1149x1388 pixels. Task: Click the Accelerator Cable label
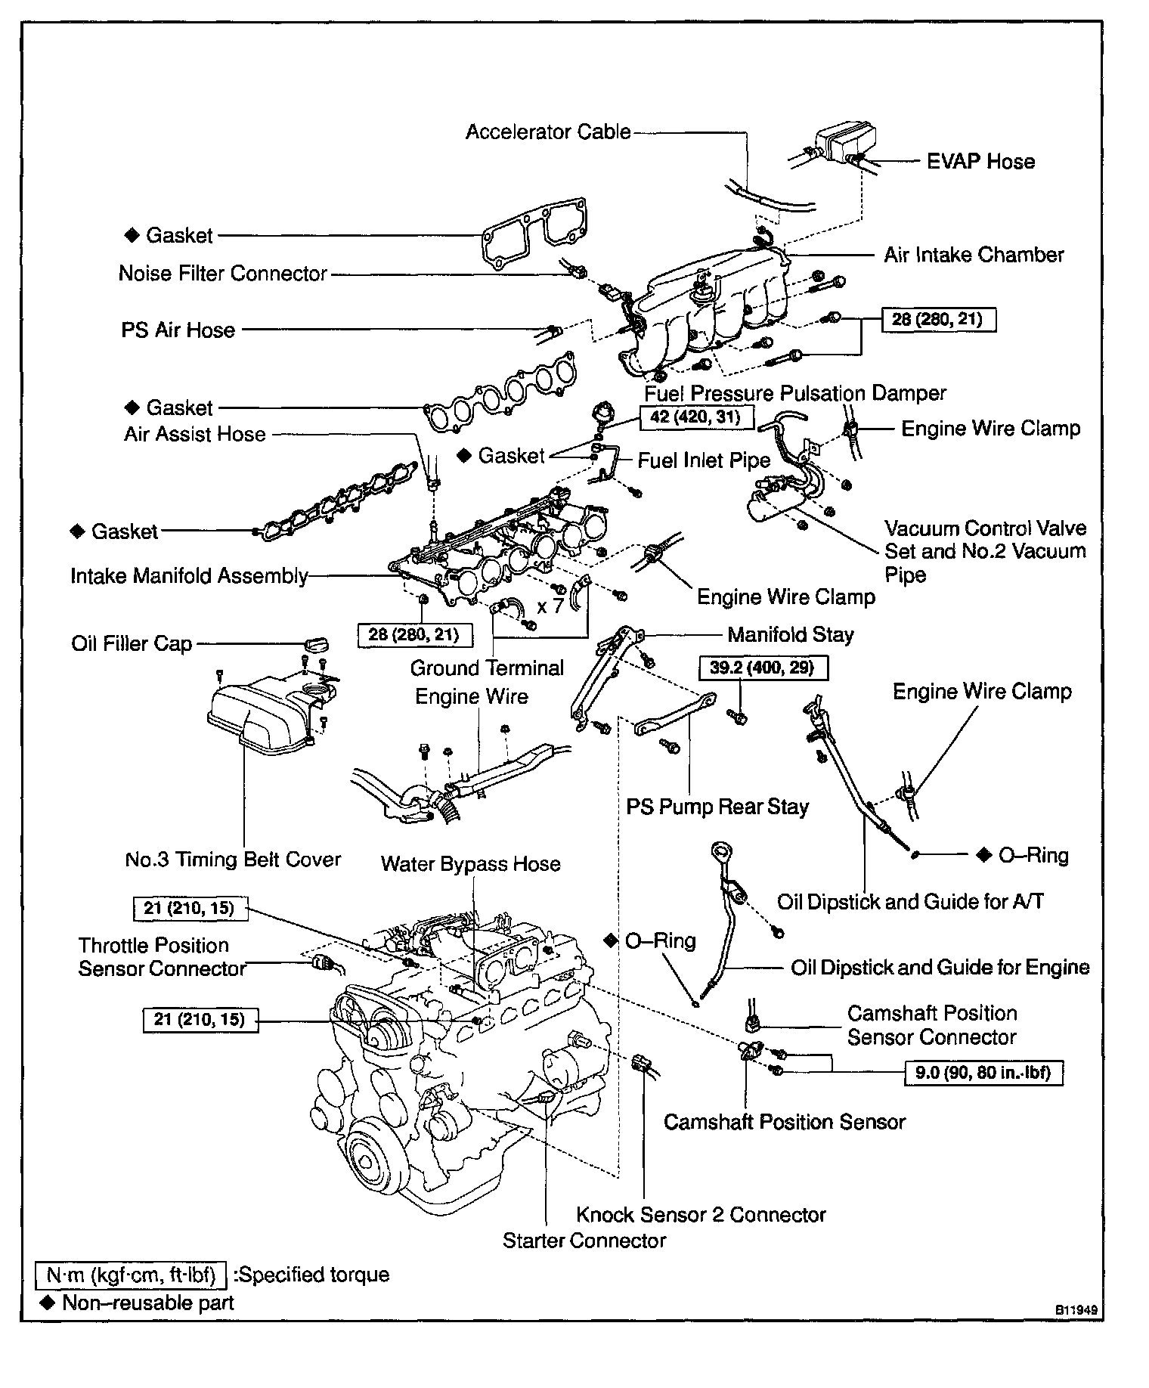[547, 132]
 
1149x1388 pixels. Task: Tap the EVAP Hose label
[980, 161]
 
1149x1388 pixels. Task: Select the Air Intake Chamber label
[974, 255]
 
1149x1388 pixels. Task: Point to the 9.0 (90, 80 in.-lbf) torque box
[983, 1072]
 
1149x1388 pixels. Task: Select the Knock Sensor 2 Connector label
[701, 1215]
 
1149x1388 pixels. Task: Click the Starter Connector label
[584, 1241]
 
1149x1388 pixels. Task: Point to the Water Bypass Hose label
[470, 864]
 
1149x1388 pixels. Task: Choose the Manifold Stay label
[790, 634]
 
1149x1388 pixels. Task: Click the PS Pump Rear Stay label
[717, 807]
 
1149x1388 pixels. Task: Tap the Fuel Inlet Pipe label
[704, 460]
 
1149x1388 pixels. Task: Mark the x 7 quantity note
[550, 606]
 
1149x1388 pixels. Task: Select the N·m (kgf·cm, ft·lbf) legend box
[131, 1275]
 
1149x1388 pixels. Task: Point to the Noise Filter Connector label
[223, 273]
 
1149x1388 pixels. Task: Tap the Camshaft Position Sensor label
[784, 1122]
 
